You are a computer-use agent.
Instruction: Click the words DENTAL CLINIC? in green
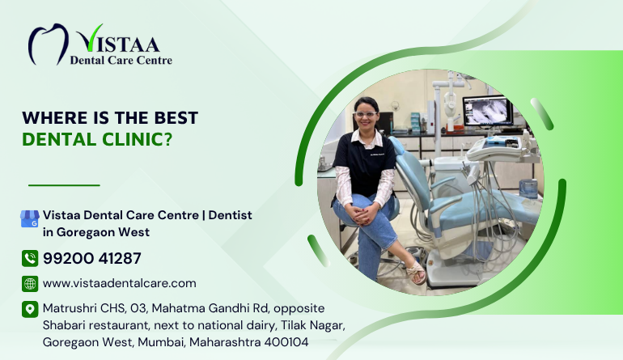pyautogui.click(x=97, y=139)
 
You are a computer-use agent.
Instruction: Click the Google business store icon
pyautogui.click(x=30, y=218)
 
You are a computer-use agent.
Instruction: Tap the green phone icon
pyautogui.click(x=30, y=258)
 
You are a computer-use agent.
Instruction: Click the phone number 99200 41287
pyautogui.click(x=91, y=258)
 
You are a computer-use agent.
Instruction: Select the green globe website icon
pyautogui.click(x=30, y=284)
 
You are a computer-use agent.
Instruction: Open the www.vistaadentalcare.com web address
pyautogui.click(x=119, y=283)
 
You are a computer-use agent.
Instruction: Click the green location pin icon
pyautogui.click(x=30, y=309)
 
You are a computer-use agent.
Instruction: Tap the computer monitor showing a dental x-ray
pyautogui.click(x=488, y=112)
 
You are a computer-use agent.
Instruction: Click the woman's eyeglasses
pyautogui.click(x=365, y=114)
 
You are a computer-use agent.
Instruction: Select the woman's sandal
pyautogui.click(x=417, y=272)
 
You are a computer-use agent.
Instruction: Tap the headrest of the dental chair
pyautogui.click(x=397, y=146)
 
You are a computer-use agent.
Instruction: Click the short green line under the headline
pyautogui.click(x=64, y=185)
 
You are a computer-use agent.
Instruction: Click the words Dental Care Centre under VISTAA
pyautogui.click(x=121, y=61)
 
